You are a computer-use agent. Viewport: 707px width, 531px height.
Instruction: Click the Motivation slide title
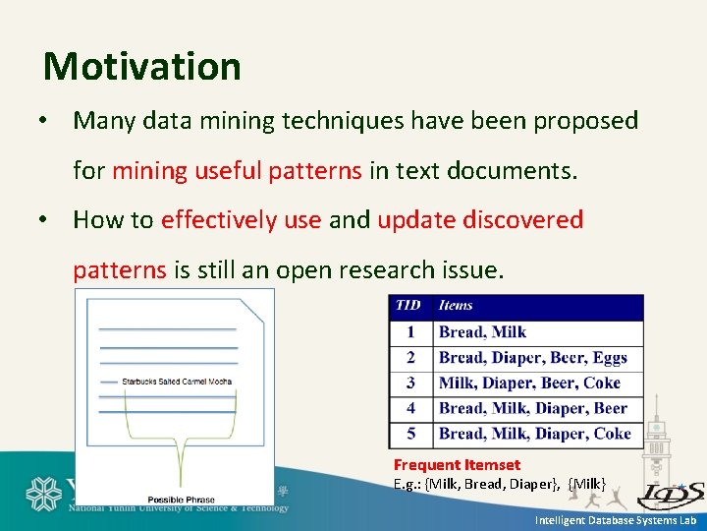coord(142,67)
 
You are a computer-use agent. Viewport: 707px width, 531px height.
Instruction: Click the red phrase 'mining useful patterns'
coord(237,170)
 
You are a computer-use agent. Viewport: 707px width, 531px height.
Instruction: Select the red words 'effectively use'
coord(241,219)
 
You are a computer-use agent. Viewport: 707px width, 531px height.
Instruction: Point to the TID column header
coord(408,306)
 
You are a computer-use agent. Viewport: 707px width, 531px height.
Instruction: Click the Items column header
coord(457,306)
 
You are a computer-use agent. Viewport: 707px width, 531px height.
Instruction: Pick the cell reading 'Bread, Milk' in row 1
coord(482,332)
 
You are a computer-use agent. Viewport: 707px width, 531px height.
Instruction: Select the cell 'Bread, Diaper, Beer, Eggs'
coord(532,358)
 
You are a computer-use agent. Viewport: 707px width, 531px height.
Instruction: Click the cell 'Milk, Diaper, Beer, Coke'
coord(529,383)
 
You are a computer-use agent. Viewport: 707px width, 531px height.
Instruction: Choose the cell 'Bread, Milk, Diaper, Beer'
coord(532,408)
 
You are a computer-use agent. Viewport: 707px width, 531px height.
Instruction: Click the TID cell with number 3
coord(410,383)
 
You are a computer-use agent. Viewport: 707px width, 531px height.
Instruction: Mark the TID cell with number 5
coord(410,434)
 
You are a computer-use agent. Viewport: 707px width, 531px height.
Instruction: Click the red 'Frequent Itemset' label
coord(457,464)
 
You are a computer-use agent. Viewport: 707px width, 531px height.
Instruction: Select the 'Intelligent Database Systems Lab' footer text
coord(615,520)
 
